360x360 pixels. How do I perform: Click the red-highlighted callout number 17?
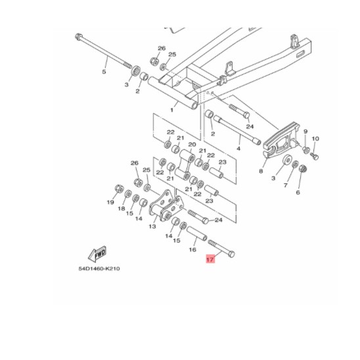[x=210, y=259]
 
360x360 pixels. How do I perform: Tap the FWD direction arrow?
[x=97, y=254]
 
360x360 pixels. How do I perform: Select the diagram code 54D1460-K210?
[x=99, y=269]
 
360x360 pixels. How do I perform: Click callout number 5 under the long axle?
[x=104, y=72]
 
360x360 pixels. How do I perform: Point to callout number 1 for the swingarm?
[x=171, y=110]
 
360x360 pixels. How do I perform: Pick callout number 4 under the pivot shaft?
[x=238, y=148]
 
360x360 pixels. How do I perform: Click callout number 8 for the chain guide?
[x=261, y=171]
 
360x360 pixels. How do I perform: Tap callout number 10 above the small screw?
[x=315, y=139]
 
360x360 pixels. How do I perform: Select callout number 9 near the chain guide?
[x=305, y=131]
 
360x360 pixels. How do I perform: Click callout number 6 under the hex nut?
[x=298, y=192]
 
